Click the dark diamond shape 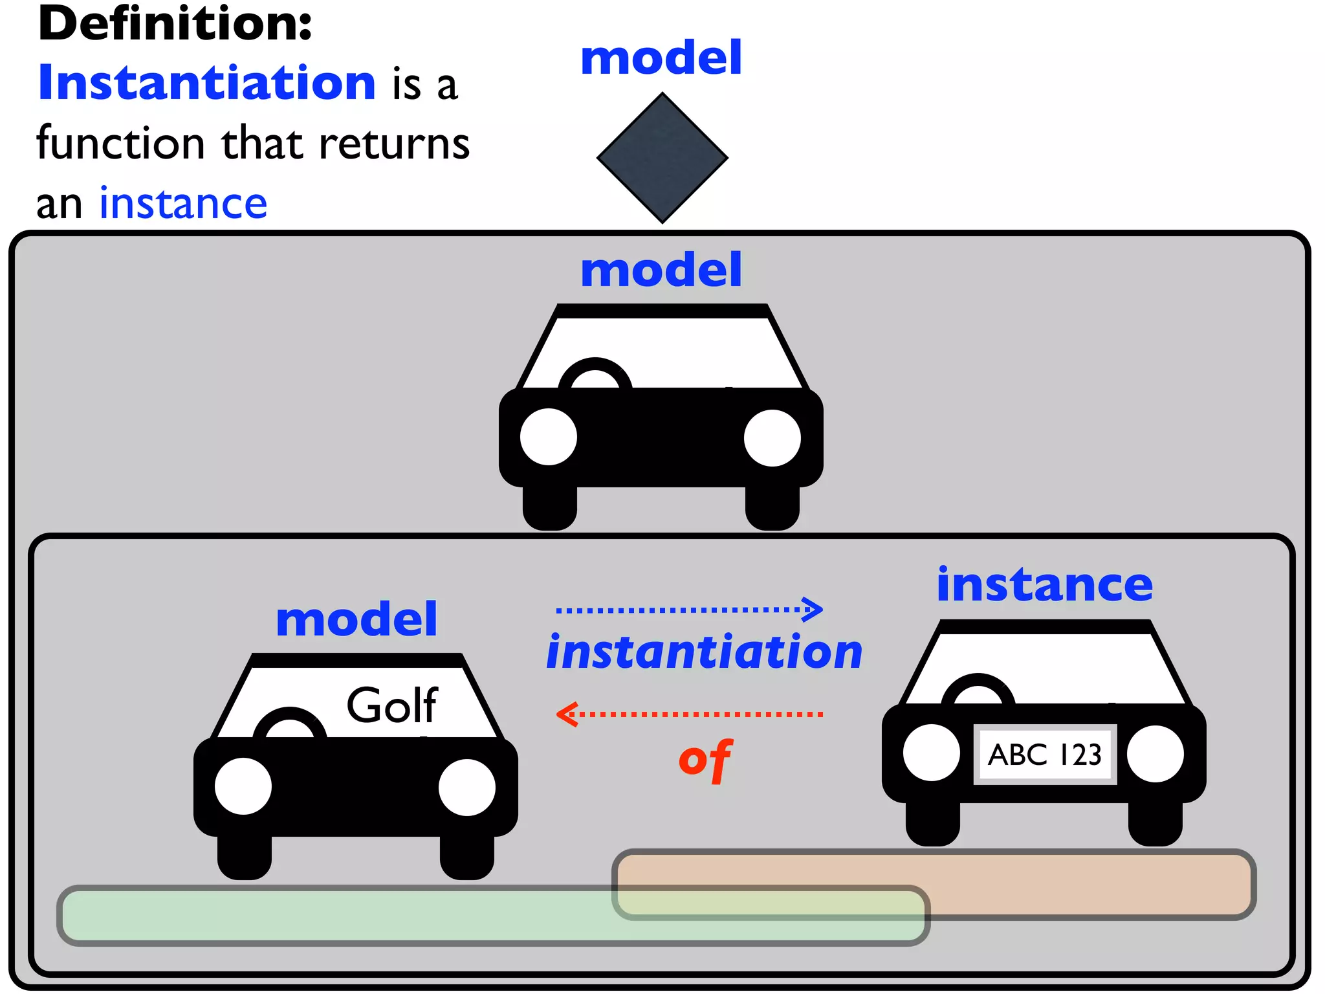click(x=662, y=157)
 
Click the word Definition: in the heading click(x=175, y=24)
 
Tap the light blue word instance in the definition click(x=183, y=203)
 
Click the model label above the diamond click(x=661, y=58)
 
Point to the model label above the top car click(x=661, y=270)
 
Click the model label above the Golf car click(x=356, y=619)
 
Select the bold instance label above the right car click(x=1044, y=584)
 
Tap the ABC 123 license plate click(x=1044, y=755)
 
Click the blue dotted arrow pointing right click(x=690, y=609)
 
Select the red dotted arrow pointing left click(x=690, y=714)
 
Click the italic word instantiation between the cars click(x=704, y=652)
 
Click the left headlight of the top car click(x=549, y=437)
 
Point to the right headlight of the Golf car click(x=466, y=786)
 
